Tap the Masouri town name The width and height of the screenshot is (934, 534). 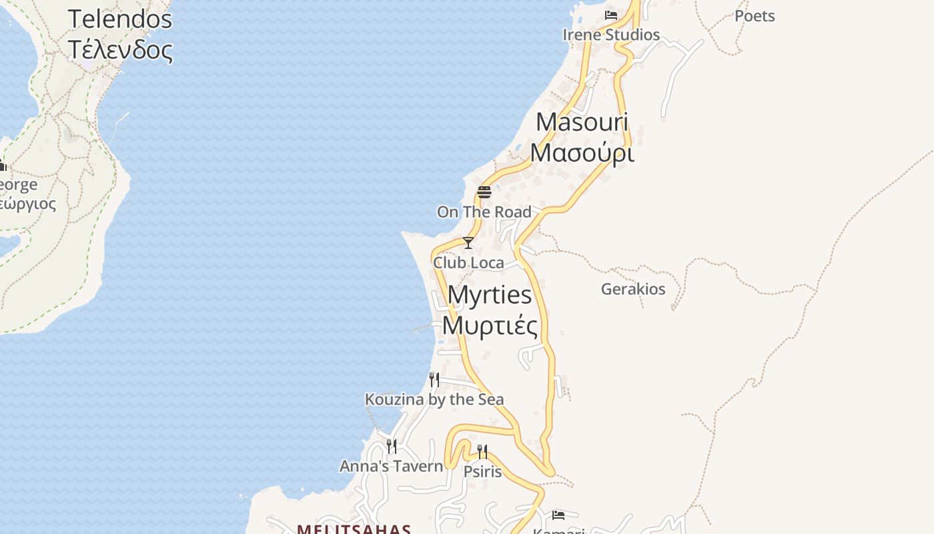tap(582, 122)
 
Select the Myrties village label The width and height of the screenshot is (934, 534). tap(490, 295)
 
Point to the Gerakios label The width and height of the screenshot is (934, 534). tap(633, 289)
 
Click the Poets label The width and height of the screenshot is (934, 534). tap(755, 16)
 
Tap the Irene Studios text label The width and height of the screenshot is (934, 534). tap(611, 35)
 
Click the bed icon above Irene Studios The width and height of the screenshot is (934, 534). tap(611, 15)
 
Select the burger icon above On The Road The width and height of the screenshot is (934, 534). tap(484, 193)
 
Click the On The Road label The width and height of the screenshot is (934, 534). tap(484, 212)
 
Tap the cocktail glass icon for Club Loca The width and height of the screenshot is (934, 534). tap(468, 243)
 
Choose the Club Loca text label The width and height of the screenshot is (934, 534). tap(468, 263)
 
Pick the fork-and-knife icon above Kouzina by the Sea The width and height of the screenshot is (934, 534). tap(434, 380)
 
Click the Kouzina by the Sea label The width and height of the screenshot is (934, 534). tap(434, 399)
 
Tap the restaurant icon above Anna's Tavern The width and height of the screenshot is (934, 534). tap(392, 446)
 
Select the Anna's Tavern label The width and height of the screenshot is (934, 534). tap(392, 466)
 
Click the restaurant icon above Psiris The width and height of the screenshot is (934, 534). tap(482, 452)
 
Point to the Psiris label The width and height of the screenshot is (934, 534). tap(482, 472)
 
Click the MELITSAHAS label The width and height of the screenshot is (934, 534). tap(354, 529)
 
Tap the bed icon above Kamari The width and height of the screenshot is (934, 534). tap(558, 515)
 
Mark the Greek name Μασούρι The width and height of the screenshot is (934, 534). tap(582, 153)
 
